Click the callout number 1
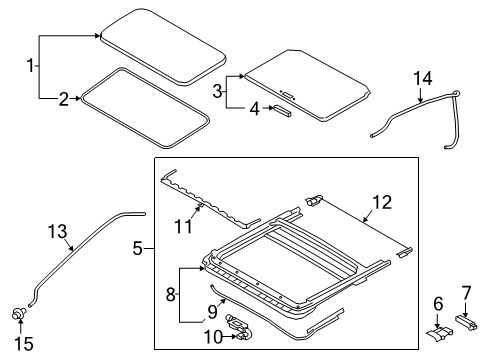tap(30, 66)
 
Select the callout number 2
tap(62, 98)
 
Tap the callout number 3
tap(217, 91)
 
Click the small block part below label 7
tap(471, 321)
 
